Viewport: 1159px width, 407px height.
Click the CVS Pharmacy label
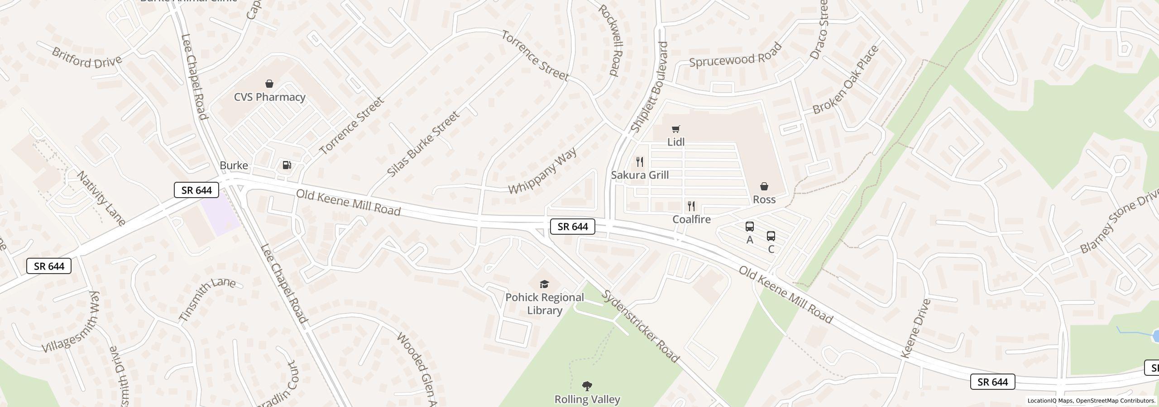click(269, 97)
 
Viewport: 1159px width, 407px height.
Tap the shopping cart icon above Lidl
click(675, 129)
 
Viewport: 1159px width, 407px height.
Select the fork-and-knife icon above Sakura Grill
click(640, 162)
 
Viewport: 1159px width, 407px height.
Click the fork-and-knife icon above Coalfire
click(691, 206)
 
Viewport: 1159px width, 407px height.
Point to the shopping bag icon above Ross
click(764, 186)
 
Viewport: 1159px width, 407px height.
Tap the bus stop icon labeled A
click(750, 227)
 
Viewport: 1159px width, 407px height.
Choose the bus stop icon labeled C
click(771, 236)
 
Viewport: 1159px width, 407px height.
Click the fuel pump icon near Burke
click(287, 166)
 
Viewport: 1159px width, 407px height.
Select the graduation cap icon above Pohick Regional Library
click(544, 284)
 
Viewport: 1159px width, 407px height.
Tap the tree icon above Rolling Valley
click(587, 386)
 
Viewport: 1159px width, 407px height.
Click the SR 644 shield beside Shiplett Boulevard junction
click(572, 227)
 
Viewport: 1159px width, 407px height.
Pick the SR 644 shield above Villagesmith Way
click(49, 266)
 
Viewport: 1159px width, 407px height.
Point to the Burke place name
click(234, 166)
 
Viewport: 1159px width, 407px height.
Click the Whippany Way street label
click(542, 170)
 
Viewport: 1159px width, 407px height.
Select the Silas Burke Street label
click(423, 144)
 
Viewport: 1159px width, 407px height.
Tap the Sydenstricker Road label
click(641, 327)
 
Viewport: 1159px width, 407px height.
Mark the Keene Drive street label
click(916, 328)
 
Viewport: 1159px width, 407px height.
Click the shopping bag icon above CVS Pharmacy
click(269, 84)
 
